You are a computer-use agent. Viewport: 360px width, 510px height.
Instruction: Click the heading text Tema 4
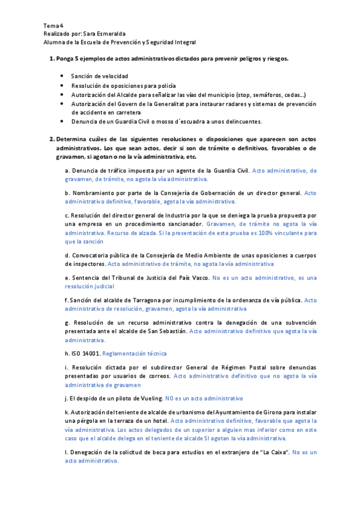point(53,26)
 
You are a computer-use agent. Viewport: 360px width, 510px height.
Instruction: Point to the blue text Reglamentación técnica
point(135,353)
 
